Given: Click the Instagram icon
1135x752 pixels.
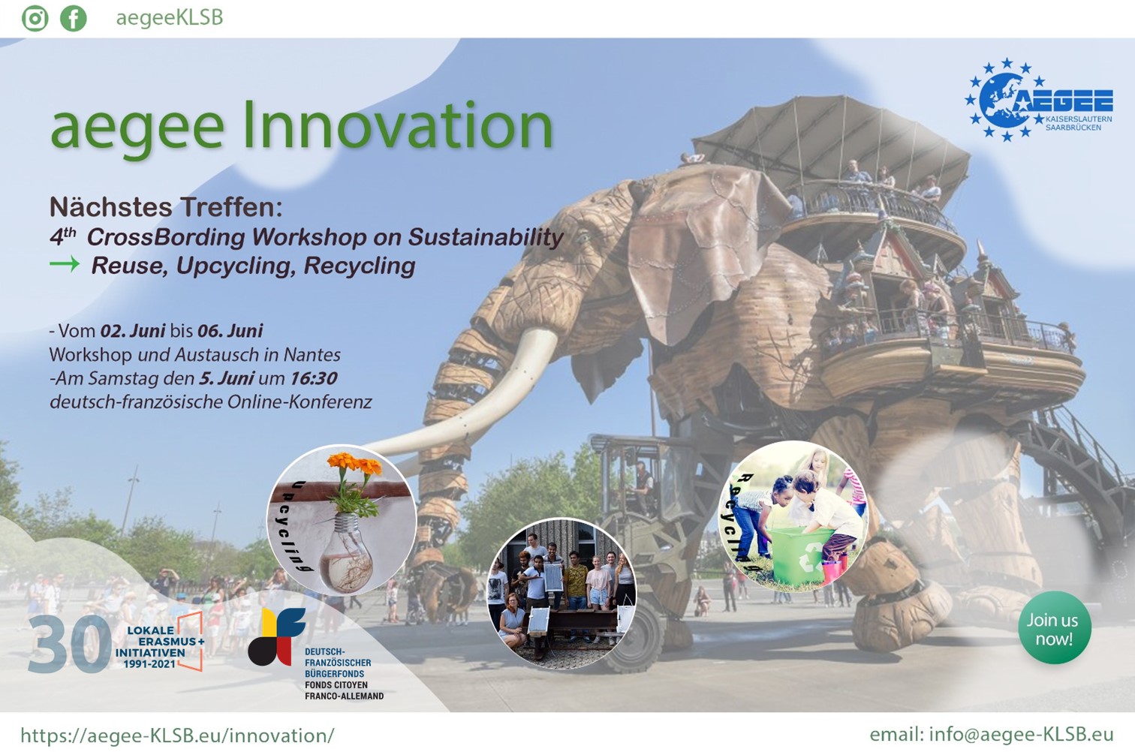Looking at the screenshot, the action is point(35,18).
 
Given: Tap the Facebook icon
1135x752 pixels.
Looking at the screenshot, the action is point(74,18).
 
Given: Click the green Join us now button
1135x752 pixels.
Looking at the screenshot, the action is point(1055,628).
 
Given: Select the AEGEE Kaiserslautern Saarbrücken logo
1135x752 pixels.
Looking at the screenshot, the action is point(1038,100).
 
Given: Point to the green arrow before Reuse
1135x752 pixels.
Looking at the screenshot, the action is point(65,264).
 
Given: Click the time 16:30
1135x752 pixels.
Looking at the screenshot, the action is point(314,378).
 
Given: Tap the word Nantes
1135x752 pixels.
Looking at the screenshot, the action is point(312,355).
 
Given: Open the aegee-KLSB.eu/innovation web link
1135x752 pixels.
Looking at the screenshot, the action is point(177,735).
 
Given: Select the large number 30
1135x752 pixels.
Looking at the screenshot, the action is point(69,644).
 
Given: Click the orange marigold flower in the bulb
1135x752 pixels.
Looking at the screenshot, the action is point(354,462).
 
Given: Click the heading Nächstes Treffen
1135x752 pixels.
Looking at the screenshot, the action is point(166,206).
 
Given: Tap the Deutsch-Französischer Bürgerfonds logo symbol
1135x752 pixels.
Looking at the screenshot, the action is point(277,636).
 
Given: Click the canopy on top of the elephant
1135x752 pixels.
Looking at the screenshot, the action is point(831,142).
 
